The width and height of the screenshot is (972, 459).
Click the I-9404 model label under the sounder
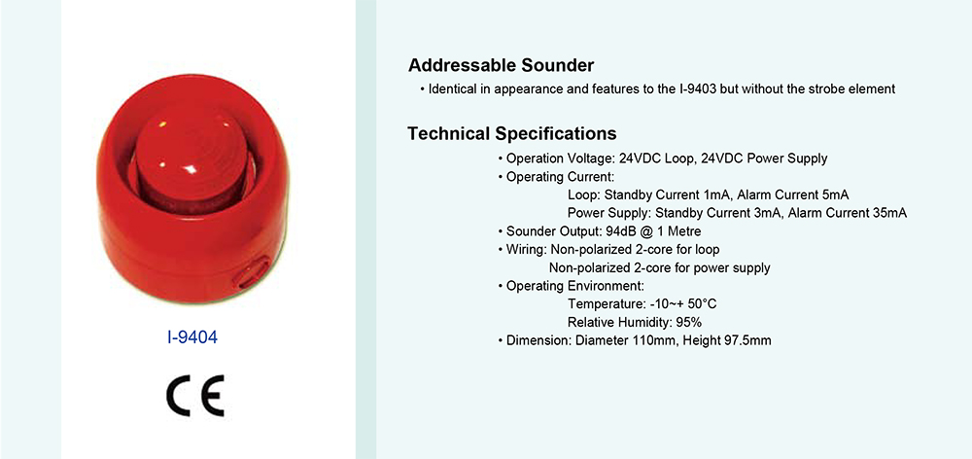[x=192, y=338]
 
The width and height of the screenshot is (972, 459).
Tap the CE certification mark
[x=195, y=396]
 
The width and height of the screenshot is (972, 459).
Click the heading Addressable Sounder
[x=501, y=65]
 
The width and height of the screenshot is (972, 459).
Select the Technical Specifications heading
[x=512, y=133]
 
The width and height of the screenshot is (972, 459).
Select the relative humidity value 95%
[x=689, y=323]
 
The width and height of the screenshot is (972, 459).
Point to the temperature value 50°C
[x=703, y=304]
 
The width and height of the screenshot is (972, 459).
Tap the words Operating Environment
[x=574, y=286]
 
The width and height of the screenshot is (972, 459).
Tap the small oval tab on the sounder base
[x=251, y=274]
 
